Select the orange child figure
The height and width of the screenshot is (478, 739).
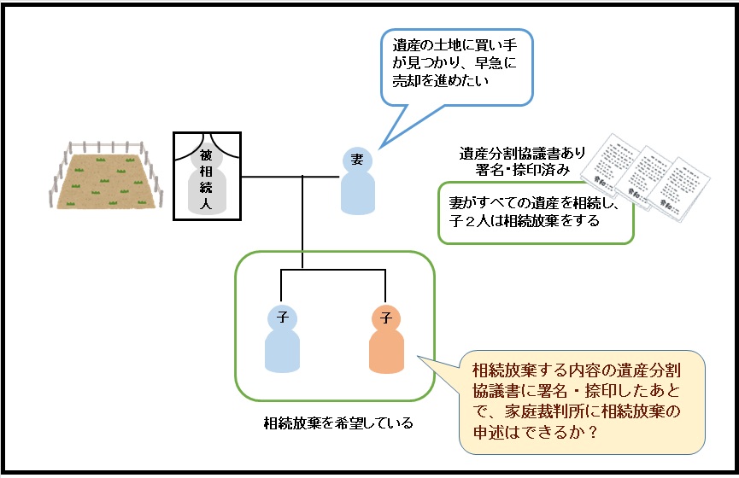tap(385, 346)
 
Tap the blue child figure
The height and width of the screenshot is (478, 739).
tap(283, 346)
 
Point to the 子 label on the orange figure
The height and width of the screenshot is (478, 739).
tap(386, 318)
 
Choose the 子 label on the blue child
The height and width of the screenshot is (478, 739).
tap(283, 318)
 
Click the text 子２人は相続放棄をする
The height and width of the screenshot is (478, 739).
tap(525, 220)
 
